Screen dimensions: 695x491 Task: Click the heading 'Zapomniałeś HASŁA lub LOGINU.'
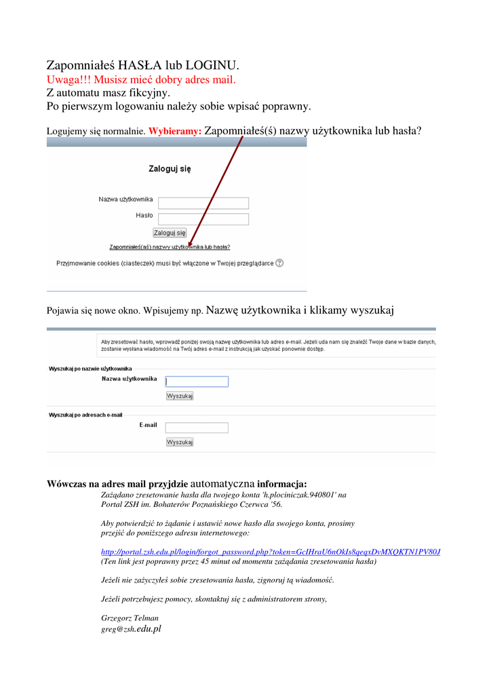(142, 66)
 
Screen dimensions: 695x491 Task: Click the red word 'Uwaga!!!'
(69, 80)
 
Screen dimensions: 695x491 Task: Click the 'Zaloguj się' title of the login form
(170, 169)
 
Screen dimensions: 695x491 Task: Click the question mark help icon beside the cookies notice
(279, 263)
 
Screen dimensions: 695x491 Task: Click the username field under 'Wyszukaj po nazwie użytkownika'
(197, 381)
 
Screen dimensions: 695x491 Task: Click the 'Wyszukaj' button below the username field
(180, 396)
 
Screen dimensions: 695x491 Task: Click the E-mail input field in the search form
(197, 428)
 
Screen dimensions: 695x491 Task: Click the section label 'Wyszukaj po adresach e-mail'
(85, 415)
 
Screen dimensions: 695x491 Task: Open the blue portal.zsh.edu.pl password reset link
(271, 552)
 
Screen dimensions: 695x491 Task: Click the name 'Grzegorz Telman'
(130, 618)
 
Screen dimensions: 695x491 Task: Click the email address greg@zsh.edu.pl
(131, 629)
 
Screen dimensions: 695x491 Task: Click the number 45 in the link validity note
(205, 562)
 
